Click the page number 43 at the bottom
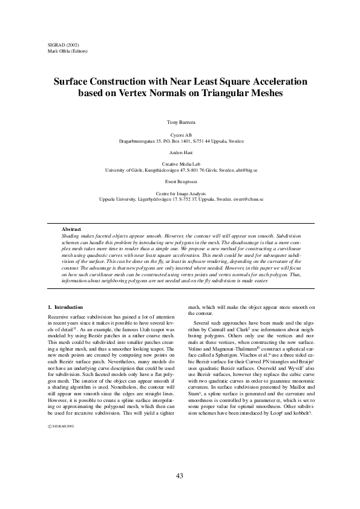pos(180,476)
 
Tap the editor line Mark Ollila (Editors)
pos(67,51)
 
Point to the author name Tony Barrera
pos(180,123)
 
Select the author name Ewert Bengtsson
pos(180,181)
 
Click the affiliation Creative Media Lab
pos(180,164)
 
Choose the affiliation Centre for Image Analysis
pos(180,192)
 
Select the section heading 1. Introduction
pos(65,307)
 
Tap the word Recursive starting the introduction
pos(59,317)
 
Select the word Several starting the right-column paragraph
pos(204,326)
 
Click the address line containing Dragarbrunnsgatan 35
pos(180,140)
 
